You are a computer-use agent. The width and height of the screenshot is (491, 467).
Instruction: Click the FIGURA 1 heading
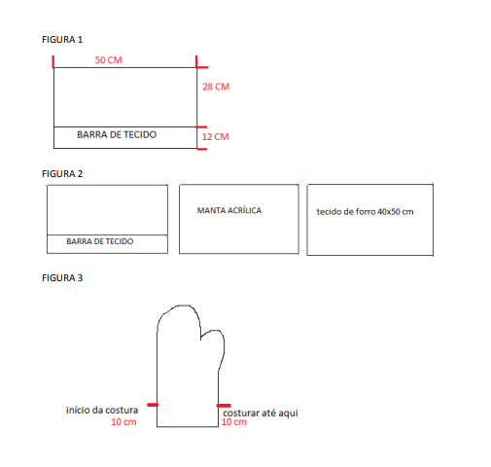click(62, 40)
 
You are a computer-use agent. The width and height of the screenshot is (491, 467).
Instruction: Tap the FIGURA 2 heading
click(62, 174)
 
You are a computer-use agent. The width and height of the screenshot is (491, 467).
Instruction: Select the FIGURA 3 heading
click(62, 278)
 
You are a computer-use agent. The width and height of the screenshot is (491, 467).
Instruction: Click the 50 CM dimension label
click(108, 60)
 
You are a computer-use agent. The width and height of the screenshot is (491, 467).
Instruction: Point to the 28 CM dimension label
click(216, 87)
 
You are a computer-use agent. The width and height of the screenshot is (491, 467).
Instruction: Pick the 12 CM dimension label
click(215, 136)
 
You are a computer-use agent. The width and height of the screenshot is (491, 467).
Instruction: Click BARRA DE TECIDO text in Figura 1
click(117, 134)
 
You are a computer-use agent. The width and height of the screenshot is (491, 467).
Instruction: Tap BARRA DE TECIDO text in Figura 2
click(100, 241)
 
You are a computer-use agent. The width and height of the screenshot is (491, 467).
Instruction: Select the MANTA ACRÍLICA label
click(229, 210)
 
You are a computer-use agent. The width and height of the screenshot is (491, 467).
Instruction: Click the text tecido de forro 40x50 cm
click(365, 212)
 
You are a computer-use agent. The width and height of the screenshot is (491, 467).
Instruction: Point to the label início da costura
click(102, 410)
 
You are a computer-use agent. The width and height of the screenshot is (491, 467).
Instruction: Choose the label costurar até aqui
click(261, 413)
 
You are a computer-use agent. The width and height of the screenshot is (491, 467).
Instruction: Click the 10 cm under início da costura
click(123, 422)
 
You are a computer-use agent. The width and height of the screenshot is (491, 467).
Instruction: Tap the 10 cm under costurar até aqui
click(234, 422)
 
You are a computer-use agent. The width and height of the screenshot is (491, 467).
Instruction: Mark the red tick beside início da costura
click(153, 405)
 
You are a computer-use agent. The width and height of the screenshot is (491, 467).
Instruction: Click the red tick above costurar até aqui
click(224, 406)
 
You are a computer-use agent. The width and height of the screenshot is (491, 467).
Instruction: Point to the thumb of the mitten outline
click(215, 347)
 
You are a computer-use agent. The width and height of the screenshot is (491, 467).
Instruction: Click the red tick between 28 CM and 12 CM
click(201, 127)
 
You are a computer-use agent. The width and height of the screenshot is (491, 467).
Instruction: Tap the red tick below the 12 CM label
click(201, 149)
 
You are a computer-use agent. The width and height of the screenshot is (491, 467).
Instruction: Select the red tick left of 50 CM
click(53, 61)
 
